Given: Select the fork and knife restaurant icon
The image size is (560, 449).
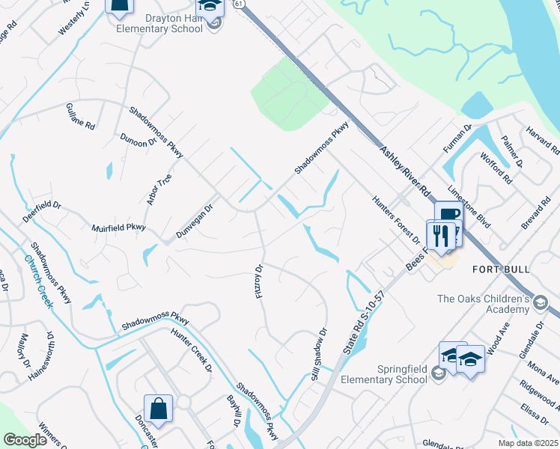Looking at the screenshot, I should [442, 236].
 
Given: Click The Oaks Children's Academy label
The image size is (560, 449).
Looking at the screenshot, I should [483, 304].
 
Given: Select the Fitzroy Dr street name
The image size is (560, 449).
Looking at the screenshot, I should [260, 281].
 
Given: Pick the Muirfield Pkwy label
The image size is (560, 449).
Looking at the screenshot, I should [118, 227].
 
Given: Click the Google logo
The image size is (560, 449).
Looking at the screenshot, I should [25, 440].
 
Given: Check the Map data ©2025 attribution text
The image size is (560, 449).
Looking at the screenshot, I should [527, 443].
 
